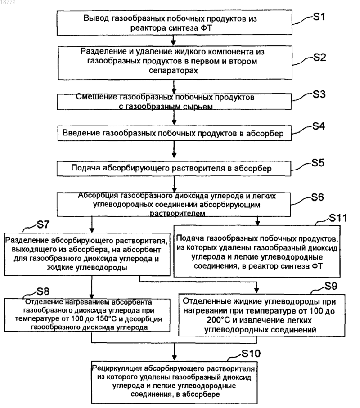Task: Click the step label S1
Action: tap(319, 17)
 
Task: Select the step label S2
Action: tap(319, 57)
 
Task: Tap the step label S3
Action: tap(319, 94)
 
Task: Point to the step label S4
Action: tap(319, 126)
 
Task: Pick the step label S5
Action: tap(318, 163)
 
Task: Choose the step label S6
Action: tap(318, 197)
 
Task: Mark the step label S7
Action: tap(43, 224)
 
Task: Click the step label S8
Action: tap(43, 291)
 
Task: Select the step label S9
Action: tap(331, 286)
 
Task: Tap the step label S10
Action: tap(251, 354)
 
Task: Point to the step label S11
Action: tap(338, 218)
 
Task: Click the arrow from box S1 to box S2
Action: tap(174, 40)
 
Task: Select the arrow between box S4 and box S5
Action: tap(174, 149)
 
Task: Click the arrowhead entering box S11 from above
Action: tap(257, 223)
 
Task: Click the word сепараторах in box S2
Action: tap(173, 71)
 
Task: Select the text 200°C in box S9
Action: tap(219, 320)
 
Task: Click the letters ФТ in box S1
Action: tap(206, 28)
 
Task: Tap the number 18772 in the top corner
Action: tap(8, 2)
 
